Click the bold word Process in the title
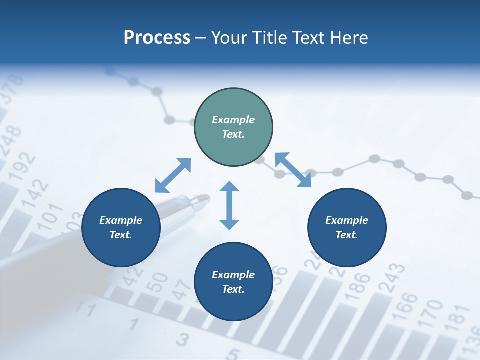click(x=157, y=38)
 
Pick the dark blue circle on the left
click(x=121, y=227)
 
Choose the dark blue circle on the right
click(x=347, y=227)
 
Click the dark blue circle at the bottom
click(x=233, y=281)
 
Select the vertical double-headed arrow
click(x=229, y=205)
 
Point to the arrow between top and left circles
click(x=173, y=175)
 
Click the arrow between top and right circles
click(x=293, y=170)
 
